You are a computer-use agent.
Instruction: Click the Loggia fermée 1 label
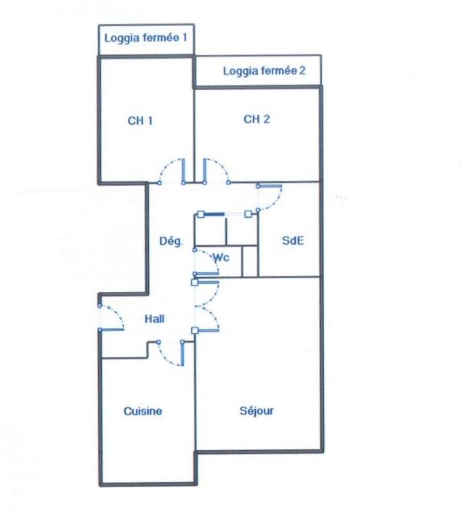(x=145, y=38)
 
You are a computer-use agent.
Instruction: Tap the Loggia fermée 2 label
(x=264, y=71)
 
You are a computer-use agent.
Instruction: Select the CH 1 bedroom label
(x=140, y=121)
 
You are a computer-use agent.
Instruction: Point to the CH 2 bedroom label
(x=257, y=119)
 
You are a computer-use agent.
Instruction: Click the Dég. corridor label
(x=171, y=241)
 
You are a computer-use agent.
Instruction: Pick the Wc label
(x=221, y=257)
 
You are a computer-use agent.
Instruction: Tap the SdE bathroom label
(x=293, y=240)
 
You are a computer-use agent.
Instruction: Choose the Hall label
(x=155, y=319)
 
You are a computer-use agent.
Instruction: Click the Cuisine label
(x=142, y=411)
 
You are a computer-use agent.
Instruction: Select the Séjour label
(x=257, y=411)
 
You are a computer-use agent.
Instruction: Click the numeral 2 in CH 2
(x=267, y=119)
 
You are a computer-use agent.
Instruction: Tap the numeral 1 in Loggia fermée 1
(x=185, y=38)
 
